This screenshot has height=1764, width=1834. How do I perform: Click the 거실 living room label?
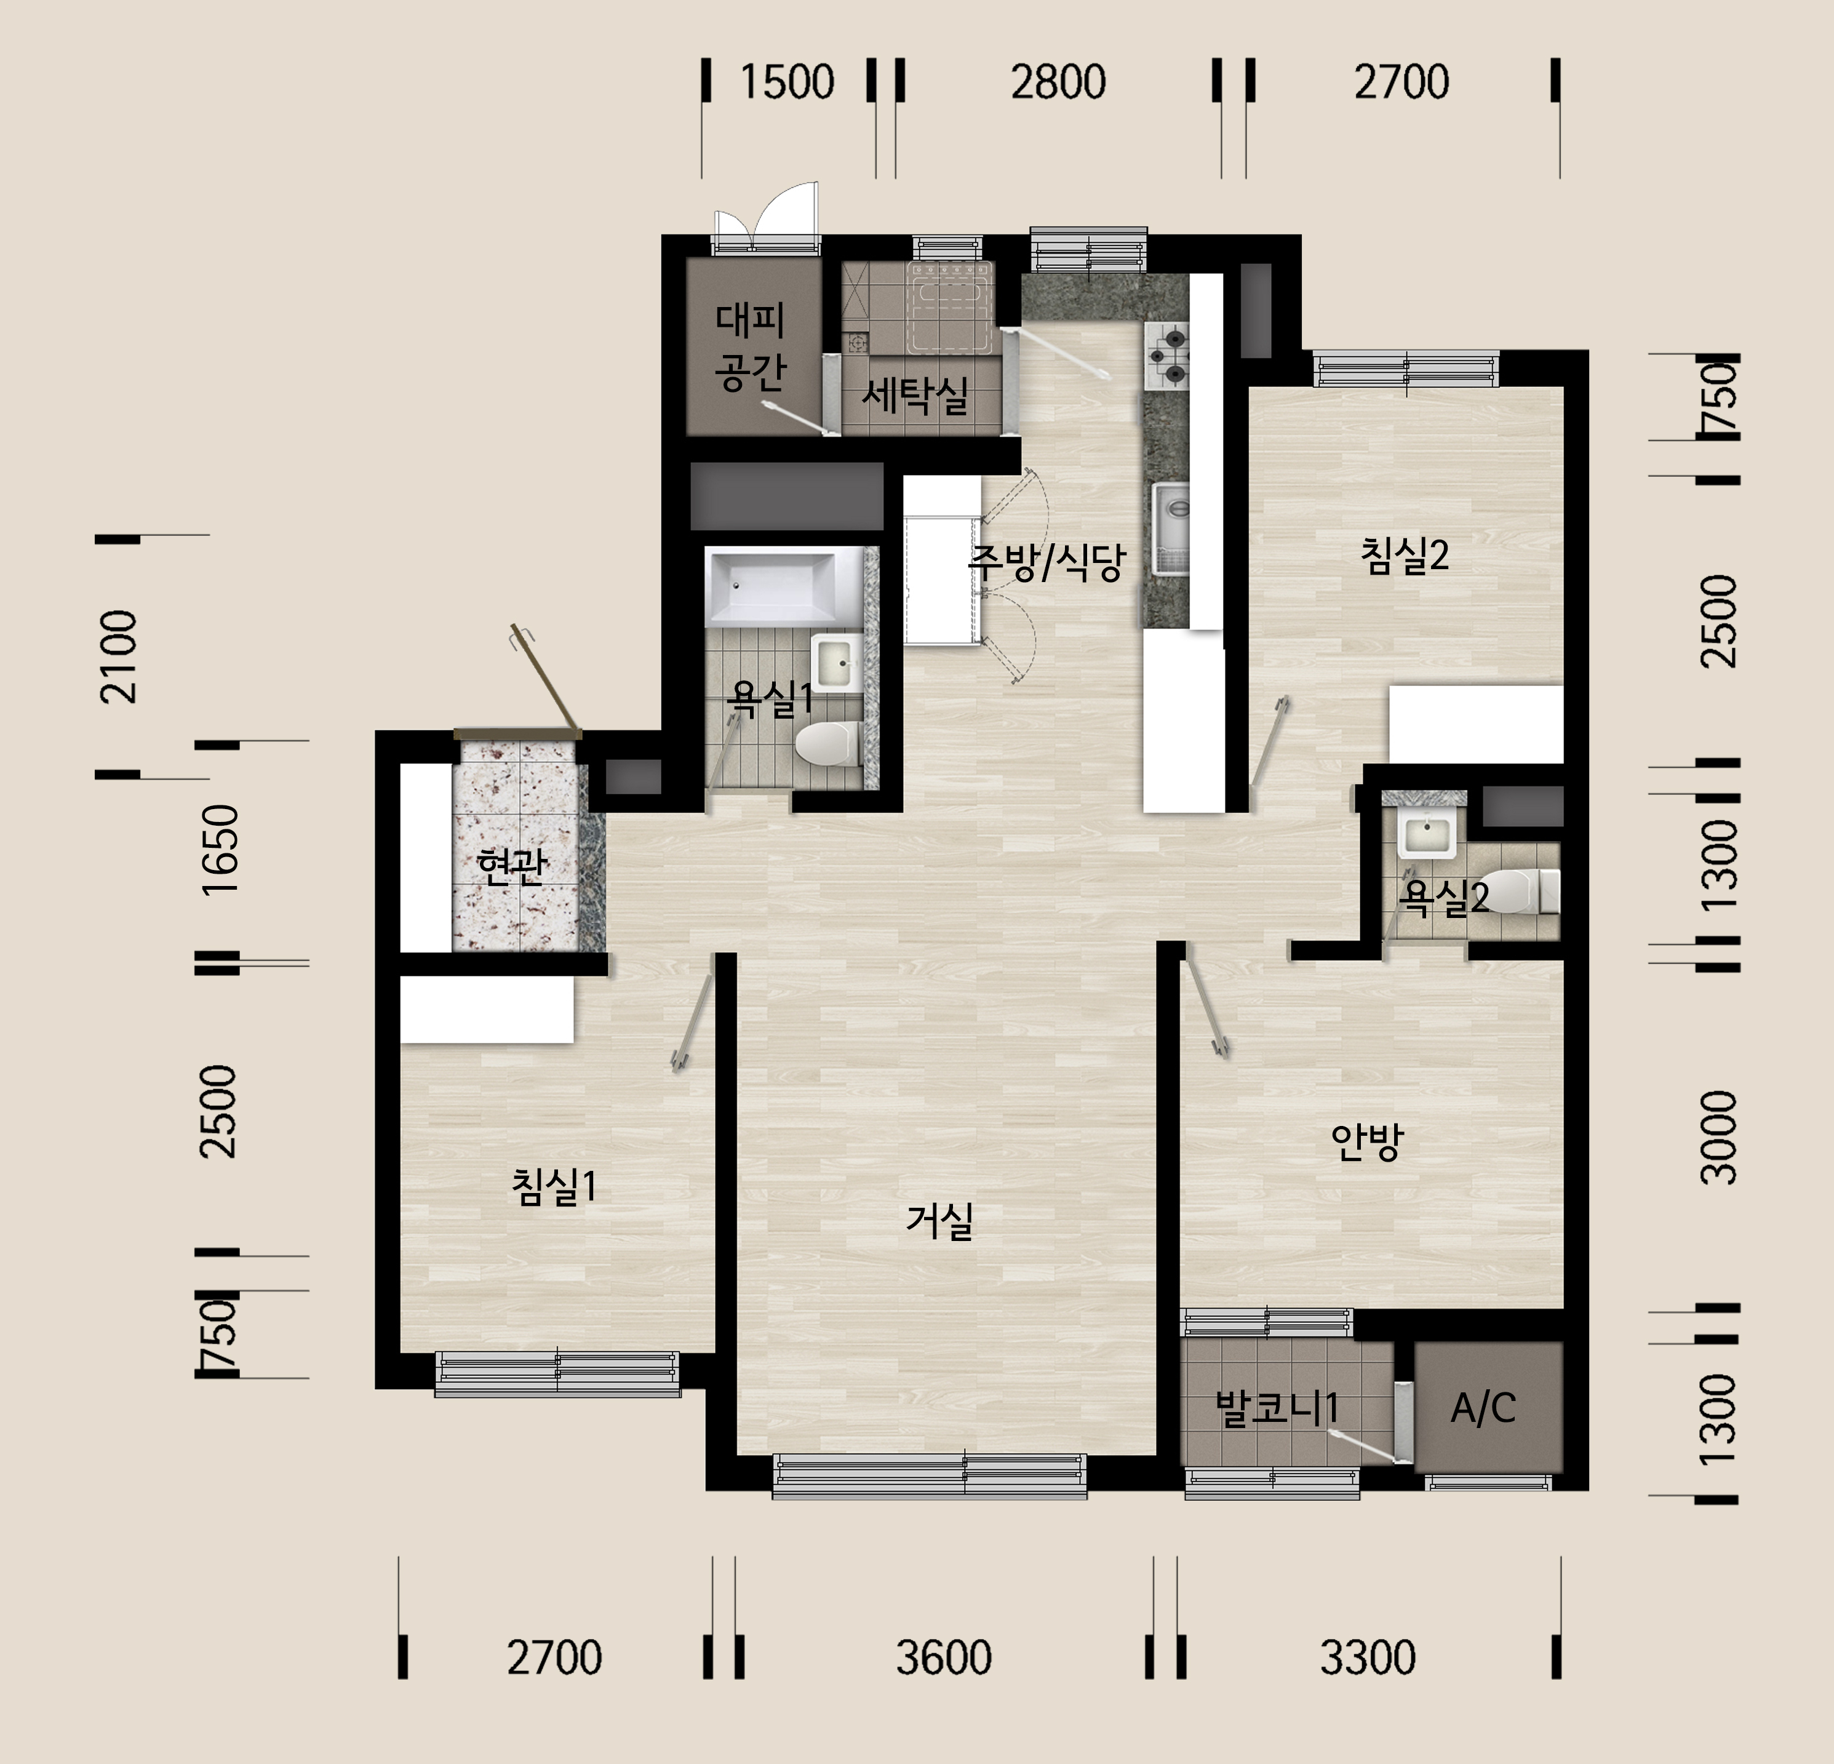(939, 1220)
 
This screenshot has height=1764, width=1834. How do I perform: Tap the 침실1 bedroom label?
(553, 1187)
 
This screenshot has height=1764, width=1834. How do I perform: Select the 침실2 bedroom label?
(1405, 555)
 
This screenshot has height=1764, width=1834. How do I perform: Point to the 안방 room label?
(1367, 1141)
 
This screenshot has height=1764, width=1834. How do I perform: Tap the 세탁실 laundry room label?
(915, 396)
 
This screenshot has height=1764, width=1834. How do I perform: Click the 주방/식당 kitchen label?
(1046, 562)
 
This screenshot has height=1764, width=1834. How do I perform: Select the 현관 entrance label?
(511, 864)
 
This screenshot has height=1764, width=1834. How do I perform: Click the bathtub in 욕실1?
(785, 586)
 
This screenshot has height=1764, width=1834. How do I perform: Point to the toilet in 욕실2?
(1523, 891)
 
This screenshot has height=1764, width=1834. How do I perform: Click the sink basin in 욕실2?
(1426, 834)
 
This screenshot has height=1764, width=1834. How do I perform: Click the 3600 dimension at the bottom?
(943, 1658)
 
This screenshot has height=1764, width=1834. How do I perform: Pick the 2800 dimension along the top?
(1058, 81)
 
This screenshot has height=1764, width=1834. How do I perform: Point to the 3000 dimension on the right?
(1718, 1137)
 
